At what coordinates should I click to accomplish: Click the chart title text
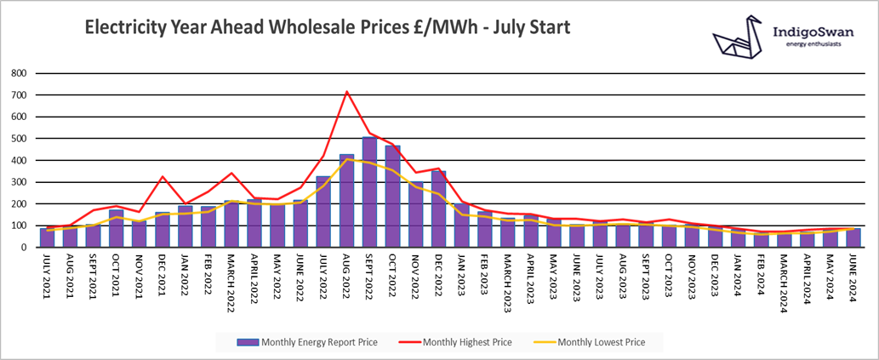click(327, 28)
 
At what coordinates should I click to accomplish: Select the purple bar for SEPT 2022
click(370, 192)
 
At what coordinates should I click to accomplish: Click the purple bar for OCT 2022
click(393, 197)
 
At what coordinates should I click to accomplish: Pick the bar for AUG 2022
click(347, 201)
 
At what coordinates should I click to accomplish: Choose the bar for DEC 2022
click(439, 209)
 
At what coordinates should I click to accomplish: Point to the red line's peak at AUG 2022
click(346, 91)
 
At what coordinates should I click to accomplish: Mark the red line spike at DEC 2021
click(162, 176)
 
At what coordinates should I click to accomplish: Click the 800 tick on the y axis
click(18, 73)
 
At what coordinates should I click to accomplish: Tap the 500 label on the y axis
click(18, 139)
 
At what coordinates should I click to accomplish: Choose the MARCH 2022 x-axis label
click(231, 277)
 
